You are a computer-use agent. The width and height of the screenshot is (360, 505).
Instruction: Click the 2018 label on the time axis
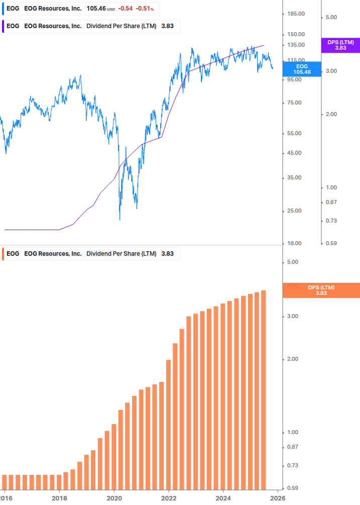click(59, 498)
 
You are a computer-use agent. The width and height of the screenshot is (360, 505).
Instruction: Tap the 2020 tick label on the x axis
click(114, 498)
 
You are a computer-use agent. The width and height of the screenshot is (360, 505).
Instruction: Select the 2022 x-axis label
click(169, 498)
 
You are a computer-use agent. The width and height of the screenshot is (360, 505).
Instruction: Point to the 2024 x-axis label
click(223, 498)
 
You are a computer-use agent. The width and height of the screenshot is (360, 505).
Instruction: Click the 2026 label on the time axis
click(278, 498)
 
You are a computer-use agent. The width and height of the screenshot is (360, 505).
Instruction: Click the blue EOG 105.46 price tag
click(302, 69)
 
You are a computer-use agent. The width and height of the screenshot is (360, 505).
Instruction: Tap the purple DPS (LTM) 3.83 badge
click(340, 45)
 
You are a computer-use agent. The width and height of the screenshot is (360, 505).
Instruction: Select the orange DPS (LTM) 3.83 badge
click(321, 290)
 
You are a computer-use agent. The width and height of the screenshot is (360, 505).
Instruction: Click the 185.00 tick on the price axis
click(296, 14)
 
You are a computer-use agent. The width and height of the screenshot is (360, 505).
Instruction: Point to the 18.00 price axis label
click(294, 243)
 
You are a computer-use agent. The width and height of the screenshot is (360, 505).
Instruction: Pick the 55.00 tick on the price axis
click(294, 133)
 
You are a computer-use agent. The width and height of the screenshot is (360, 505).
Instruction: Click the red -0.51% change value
click(145, 9)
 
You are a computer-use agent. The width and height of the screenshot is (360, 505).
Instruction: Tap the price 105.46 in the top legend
click(95, 9)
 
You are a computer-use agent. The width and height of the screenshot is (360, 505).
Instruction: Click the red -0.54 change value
click(125, 9)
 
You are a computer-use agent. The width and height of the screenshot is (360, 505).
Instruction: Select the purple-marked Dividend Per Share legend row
click(90, 26)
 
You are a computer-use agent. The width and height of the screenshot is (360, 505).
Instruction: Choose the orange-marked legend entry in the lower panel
click(90, 254)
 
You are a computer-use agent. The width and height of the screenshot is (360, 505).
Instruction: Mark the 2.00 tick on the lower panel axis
click(293, 359)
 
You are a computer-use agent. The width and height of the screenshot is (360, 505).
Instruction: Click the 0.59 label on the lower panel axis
click(293, 488)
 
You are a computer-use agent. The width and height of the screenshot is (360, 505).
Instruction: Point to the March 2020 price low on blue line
click(120, 219)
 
